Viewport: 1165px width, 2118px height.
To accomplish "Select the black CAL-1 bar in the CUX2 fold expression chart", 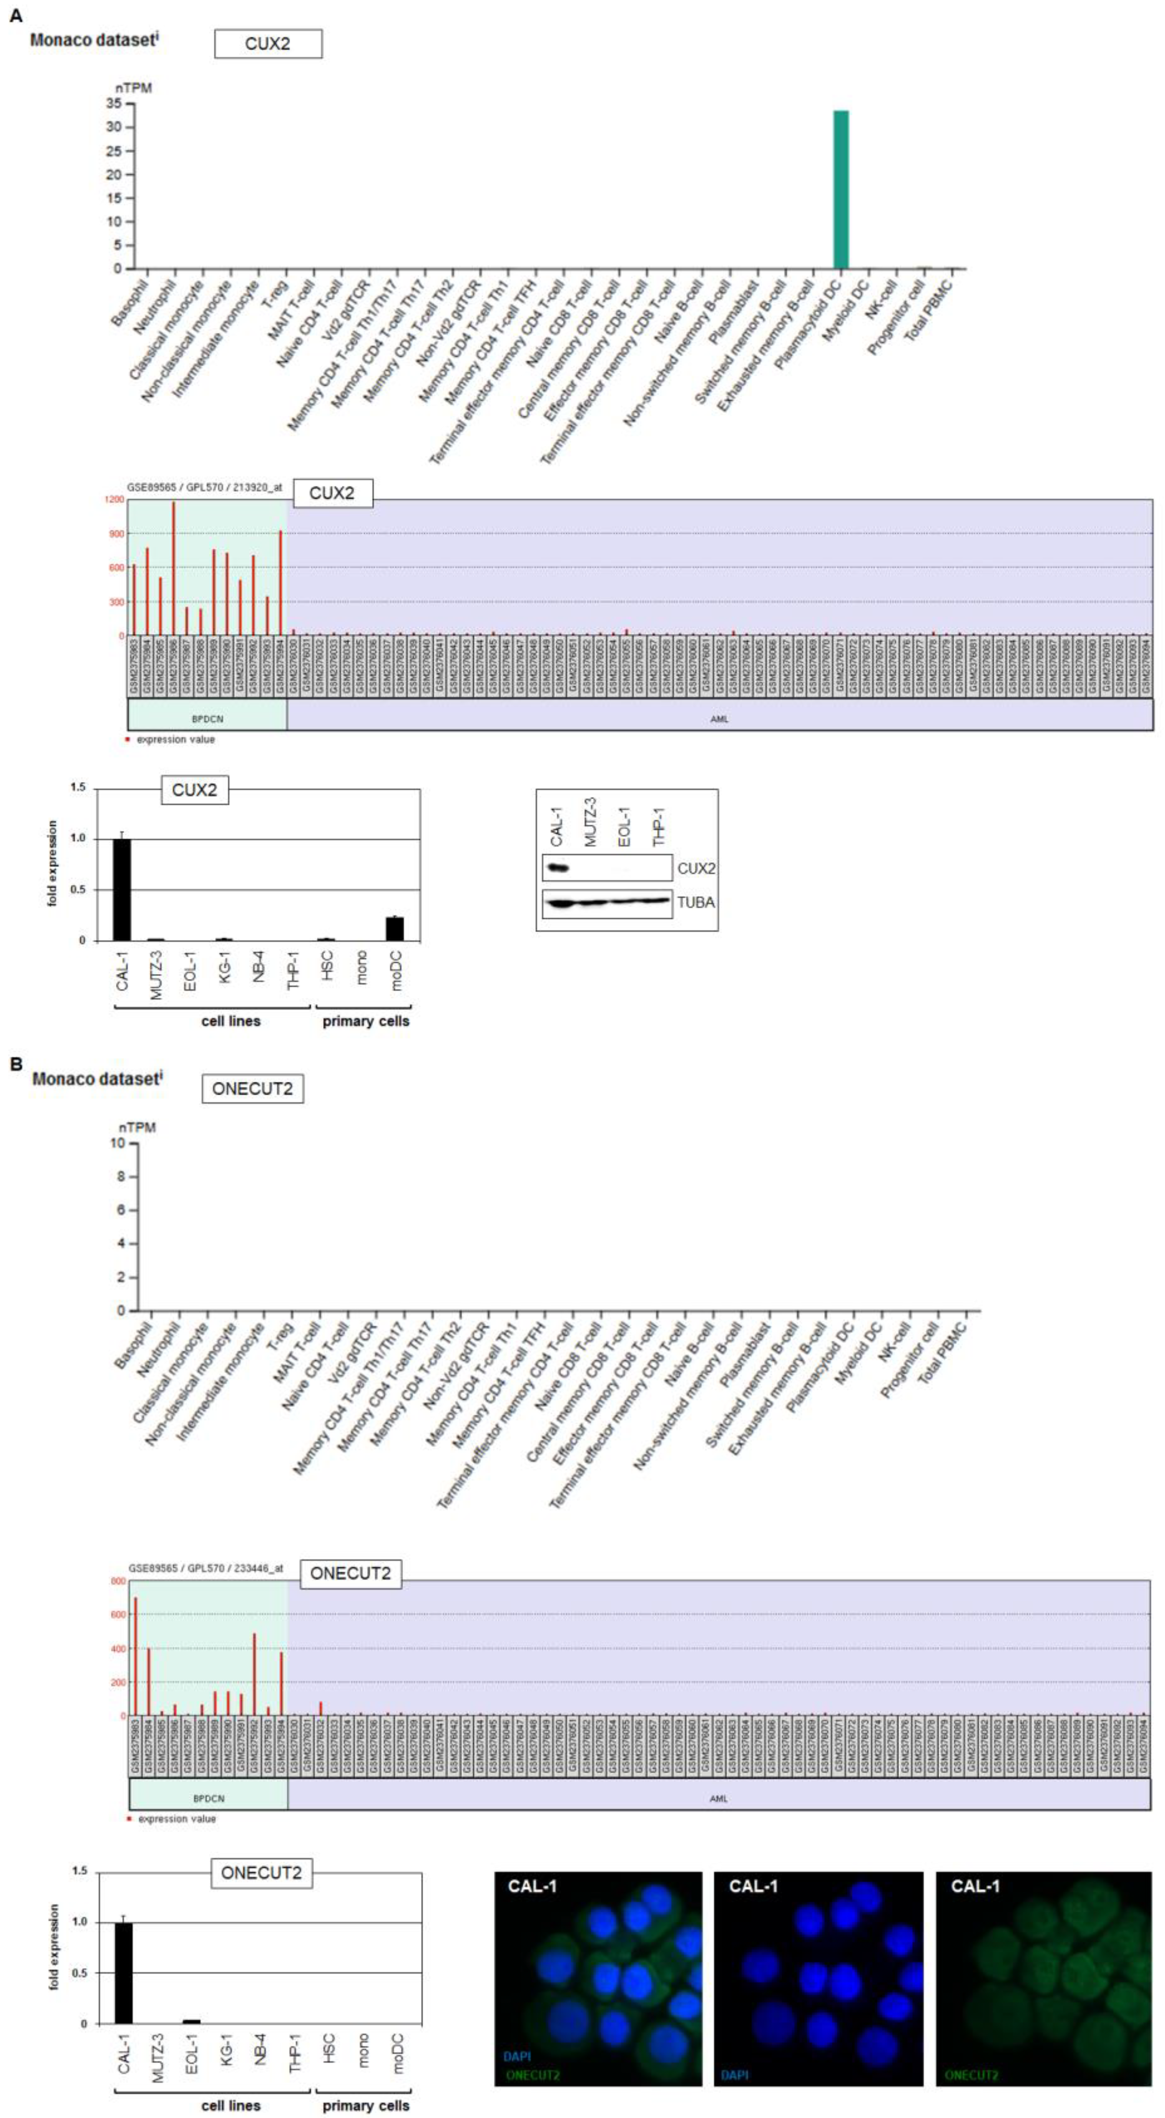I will click(122, 889).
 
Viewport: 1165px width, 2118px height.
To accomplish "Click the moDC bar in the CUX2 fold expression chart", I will click(395, 928).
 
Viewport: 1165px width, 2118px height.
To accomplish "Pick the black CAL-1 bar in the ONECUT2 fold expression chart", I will click(123, 1972).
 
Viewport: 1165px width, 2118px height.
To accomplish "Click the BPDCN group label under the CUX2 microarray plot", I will click(207, 718).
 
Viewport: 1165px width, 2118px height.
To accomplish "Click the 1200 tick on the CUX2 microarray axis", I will click(114, 499).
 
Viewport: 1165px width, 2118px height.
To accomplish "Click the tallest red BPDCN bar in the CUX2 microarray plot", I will click(174, 567).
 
